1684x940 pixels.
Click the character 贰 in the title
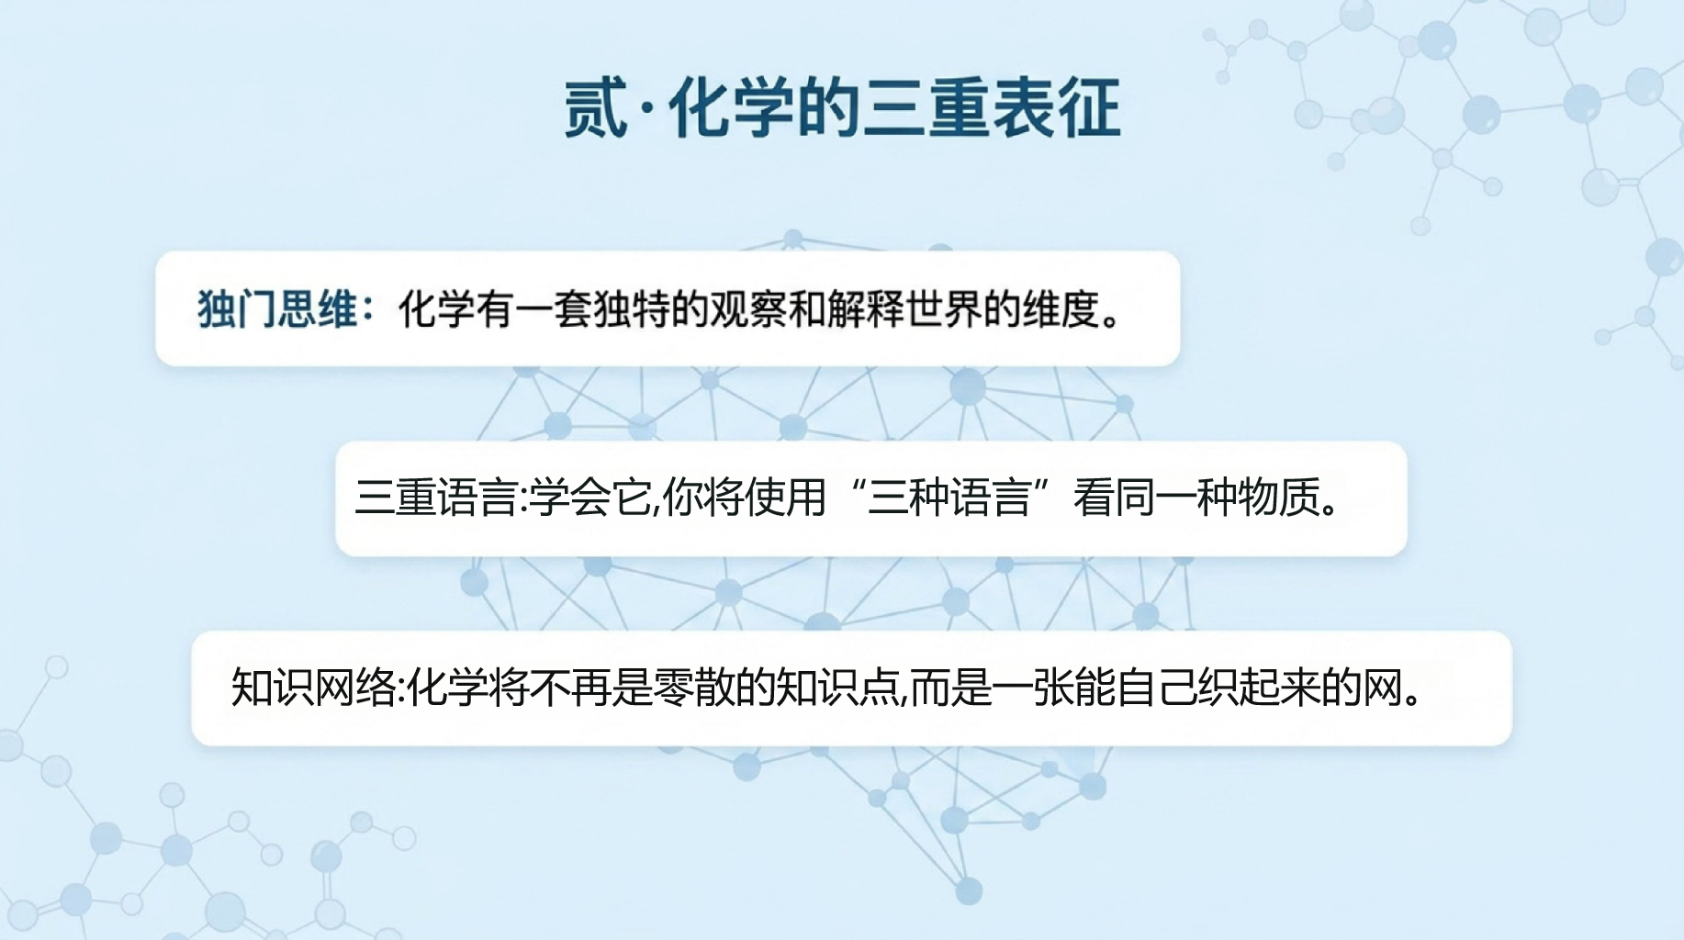click(x=595, y=107)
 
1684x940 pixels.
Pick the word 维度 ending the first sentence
click(x=1062, y=309)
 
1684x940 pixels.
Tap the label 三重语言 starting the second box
click(x=436, y=498)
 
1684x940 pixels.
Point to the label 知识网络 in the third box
click(x=313, y=688)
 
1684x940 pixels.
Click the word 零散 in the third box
click(x=693, y=688)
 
